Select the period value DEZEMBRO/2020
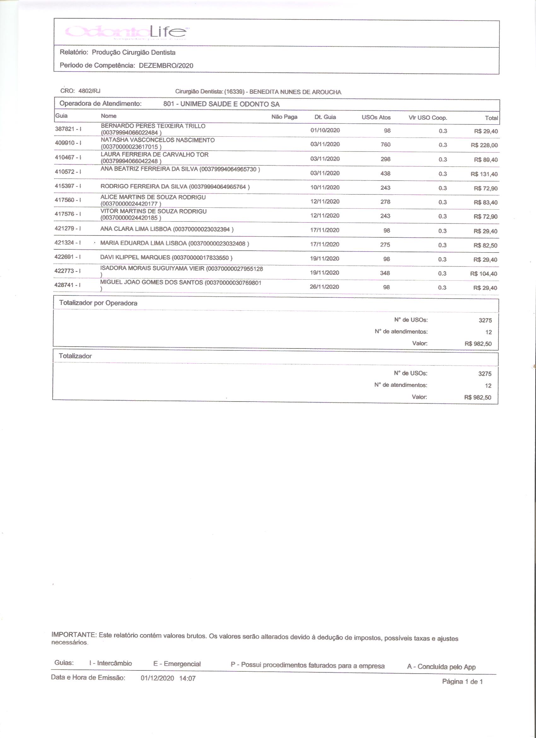tap(166, 65)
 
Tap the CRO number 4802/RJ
tap(90, 91)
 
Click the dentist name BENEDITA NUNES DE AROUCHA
tap(295, 92)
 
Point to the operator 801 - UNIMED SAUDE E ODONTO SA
tap(221, 104)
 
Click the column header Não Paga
tap(284, 117)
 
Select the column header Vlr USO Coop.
tap(428, 118)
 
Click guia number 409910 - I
tap(68, 143)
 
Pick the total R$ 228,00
tap(484, 145)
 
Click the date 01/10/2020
tap(325, 130)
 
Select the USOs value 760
tap(386, 145)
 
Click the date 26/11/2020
tap(324, 287)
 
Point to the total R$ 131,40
tap(484, 174)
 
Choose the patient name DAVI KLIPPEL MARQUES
tap(135, 258)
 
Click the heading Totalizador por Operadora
tap(98, 303)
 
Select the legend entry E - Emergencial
tap(177, 664)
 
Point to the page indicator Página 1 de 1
tap(462, 682)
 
